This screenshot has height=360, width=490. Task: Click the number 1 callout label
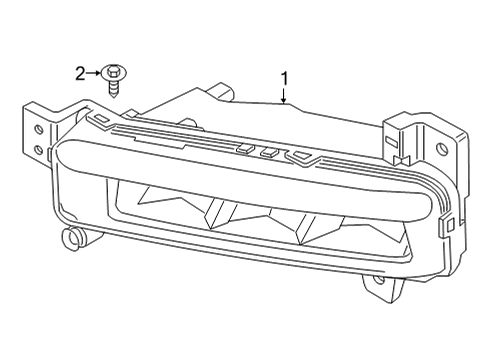[284, 76]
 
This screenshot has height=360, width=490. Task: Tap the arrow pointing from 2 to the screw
[96, 72]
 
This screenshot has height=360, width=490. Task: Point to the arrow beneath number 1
[284, 96]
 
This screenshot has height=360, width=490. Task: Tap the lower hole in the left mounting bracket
[37, 150]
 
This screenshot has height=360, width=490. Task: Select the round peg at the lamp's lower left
[71, 237]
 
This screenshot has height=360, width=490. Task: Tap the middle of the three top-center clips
[266, 153]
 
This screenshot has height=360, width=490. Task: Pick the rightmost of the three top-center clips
[295, 156]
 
